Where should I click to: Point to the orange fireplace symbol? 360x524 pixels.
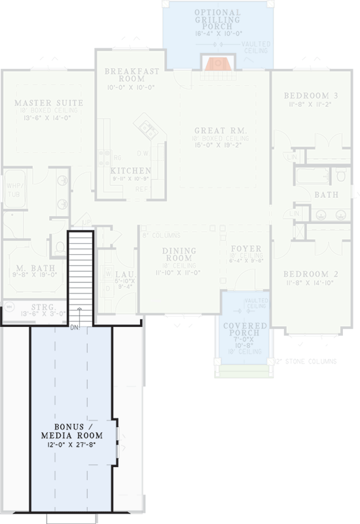coord(215,63)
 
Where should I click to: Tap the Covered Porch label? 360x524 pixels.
coord(244,329)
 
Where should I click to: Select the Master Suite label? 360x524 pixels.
coord(48,103)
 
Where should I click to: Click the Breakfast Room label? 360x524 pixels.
coord(132,75)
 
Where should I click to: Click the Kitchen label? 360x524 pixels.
coord(131,170)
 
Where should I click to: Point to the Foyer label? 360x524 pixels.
coord(246,249)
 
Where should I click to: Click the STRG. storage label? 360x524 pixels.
coord(42,306)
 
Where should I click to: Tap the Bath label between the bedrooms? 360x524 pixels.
coord(325,195)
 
